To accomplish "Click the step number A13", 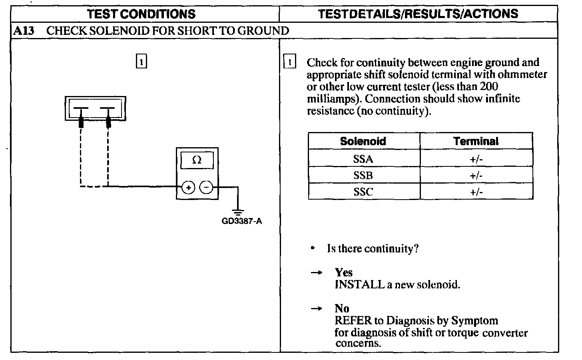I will pos(23,31).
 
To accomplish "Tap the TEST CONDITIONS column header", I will pos(141,14).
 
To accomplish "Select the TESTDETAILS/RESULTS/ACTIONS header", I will pos(418,14).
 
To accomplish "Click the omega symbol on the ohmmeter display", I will pos(197,160).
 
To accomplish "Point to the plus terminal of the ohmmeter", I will pos(188,187).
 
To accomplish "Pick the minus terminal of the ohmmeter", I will pos(206,187).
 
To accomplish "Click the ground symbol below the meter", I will pos(238,212).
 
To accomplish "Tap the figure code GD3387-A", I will pos(241,221).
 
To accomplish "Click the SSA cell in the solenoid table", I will pos(363,159).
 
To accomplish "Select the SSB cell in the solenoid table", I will pos(363,175).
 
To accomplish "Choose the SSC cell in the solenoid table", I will pos(363,192).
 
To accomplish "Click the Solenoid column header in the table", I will pos(363,141).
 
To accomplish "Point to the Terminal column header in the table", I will pos(476,141).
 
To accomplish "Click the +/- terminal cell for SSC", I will pos(476,192).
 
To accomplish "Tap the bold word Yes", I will pos(344,272).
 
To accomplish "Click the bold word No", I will pos(342,308).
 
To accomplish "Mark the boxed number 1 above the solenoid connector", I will pos(142,62).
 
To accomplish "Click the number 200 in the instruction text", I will pos(489,86).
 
